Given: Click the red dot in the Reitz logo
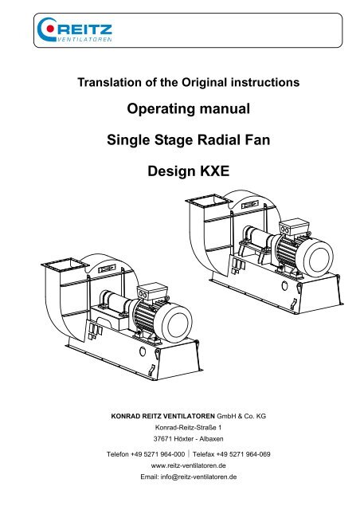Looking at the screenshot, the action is [50, 29].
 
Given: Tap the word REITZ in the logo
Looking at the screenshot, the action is [84, 29].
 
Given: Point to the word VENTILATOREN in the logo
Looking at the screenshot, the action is [84, 40].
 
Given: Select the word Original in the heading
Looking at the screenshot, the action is [205, 82].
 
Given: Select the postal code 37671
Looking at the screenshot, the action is [162, 439].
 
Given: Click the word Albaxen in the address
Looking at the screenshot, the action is [211, 439].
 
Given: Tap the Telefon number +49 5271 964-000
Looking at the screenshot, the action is [158, 454].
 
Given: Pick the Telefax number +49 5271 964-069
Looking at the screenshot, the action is [243, 454].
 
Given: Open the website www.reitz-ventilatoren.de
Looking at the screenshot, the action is [188, 465].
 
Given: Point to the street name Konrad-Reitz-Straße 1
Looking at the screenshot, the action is [188, 427].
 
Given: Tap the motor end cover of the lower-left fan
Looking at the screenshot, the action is [174, 323].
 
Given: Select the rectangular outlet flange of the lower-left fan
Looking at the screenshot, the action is [65, 265].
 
